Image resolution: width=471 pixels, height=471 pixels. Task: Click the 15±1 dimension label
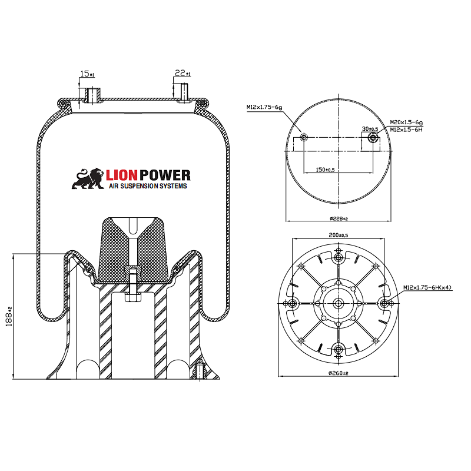(x=87, y=74)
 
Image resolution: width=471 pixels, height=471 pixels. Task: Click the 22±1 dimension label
(x=183, y=73)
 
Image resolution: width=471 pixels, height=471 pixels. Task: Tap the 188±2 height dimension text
(x=9, y=317)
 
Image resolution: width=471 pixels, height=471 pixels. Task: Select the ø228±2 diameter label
(x=339, y=218)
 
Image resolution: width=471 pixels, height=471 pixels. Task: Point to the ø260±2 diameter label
(x=338, y=373)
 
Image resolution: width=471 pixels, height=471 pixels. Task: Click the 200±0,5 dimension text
(x=338, y=235)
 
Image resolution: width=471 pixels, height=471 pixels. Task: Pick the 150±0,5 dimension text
(x=325, y=170)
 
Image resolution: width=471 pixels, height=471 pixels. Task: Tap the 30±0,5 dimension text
(x=370, y=129)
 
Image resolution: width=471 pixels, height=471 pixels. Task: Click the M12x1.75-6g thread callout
(x=264, y=107)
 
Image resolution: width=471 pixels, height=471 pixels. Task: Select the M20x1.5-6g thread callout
(x=406, y=122)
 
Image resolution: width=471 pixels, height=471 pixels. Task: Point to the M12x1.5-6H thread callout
(x=406, y=130)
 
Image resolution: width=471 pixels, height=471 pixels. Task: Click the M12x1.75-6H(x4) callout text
(x=427, y=287)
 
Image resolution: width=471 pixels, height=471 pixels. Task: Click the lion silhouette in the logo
(x=88, y=178)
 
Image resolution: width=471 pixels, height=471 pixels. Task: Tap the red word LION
(x=122, y=175)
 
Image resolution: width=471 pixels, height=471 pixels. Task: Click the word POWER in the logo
(x=165, y=175)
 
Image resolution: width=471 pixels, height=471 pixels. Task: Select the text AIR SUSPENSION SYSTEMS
(x=148, y=186)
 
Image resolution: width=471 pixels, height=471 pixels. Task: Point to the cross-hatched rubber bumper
(x=132, y=250)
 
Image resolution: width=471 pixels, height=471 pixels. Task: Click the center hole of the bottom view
(x=338, y=303)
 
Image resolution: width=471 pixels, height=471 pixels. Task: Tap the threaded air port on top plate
(x=92, y=95)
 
